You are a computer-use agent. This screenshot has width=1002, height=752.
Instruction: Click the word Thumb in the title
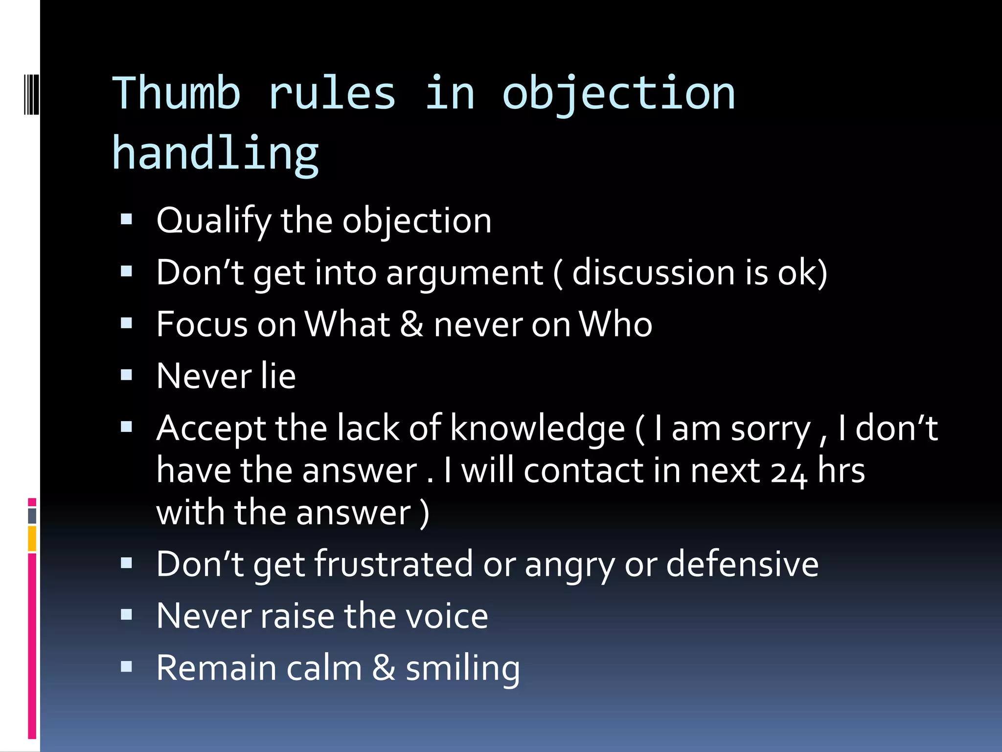tap(177, 93)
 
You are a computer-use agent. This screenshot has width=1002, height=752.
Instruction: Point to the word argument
tap(464, 273)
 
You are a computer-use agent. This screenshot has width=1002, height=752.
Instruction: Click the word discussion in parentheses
tap(654, 272)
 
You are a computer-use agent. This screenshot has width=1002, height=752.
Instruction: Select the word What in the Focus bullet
tap(347, 325)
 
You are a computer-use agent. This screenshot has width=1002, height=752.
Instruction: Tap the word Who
tap(615, 325)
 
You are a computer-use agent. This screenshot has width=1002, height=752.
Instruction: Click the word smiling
tap(462, 669)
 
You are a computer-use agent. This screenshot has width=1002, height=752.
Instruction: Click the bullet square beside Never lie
tap(126, 375)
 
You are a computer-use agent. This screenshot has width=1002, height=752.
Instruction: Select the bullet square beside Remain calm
tap(126, 666)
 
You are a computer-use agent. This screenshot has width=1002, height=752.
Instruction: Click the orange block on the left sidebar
tap(32, 538)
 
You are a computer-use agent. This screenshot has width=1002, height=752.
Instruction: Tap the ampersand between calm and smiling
tap(384, 668)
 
